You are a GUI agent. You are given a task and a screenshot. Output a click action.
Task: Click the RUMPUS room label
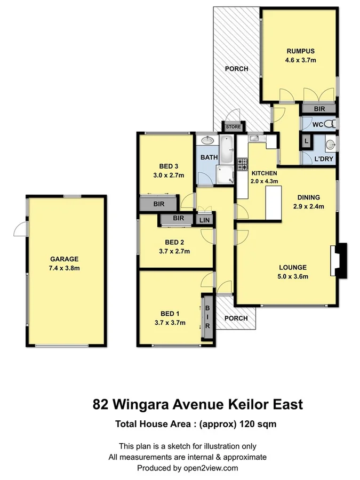pyautogui.click(x=300, y=51)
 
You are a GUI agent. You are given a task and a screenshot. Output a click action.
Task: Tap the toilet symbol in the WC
pyautogui.click(x=330, y=124)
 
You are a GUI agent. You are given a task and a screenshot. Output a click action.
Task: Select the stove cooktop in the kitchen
pyautogui.click(x=242, y=163)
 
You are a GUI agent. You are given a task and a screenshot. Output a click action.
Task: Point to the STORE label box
pyautogui.click(x=233, y=127)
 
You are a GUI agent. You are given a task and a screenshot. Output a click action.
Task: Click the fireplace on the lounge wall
pyautogui.click(x=339, y=260)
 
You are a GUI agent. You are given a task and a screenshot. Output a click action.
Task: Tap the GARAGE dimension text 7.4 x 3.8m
pyautogui.click(x=65, y=268)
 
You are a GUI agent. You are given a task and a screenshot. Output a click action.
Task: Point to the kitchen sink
pyautogui.click(x=255, y=139)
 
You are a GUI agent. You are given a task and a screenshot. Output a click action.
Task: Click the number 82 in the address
pyautogui.click(x=102, y=404)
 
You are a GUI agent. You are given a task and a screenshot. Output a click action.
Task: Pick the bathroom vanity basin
pyautogui.click(x=207, y=141)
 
